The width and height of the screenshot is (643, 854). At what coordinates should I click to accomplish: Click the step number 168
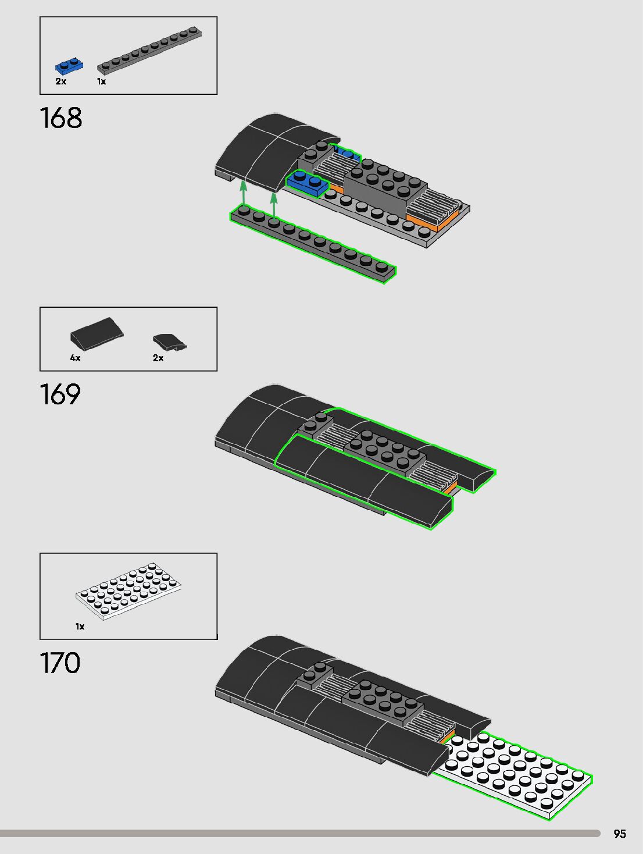point(61,118)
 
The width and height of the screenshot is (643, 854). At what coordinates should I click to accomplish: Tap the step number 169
point(60,394)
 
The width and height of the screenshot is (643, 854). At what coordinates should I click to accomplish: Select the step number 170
point(60,663)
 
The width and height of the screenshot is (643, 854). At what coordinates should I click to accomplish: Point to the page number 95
point(620,834)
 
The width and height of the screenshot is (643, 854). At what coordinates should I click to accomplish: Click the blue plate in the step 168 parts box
point(69,66)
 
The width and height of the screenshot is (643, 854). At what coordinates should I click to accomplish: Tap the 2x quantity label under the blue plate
point(61,81)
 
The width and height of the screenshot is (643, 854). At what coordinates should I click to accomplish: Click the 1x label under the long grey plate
point(102,81)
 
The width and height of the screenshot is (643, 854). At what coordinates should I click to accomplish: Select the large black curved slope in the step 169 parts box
point(97,332)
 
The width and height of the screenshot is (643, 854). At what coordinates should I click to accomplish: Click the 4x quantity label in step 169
point(76,358)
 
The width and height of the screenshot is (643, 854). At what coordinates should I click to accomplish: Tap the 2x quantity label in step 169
point(158,358)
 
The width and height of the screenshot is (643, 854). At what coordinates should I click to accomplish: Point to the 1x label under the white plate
point(80,627)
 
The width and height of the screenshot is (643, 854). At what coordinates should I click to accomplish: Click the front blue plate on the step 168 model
point(307,183)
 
